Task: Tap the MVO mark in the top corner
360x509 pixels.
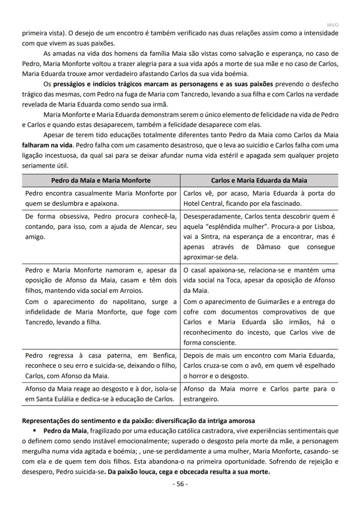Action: pos(333,25)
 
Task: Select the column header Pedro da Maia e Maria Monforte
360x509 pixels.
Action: pos(101,180)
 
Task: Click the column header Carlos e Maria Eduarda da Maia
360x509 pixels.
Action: pos(259,180)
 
